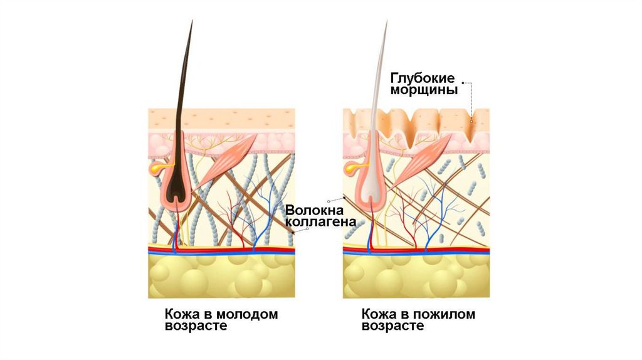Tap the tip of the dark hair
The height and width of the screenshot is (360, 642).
(x=192, y=21)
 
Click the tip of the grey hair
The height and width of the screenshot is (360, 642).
(x=386, y=23)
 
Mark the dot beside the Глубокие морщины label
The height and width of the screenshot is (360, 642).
(x=463, y=82)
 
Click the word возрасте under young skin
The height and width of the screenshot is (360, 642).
(x=195, y=327)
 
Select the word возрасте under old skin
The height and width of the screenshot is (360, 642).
(x=392, y=327)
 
